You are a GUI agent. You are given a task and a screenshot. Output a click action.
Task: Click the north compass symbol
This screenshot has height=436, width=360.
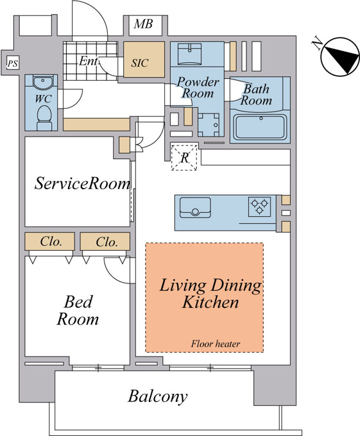point(339,57)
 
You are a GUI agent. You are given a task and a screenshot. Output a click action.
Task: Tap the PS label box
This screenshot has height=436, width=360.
point(13,63)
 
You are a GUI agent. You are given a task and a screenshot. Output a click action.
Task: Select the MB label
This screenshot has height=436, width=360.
point(143,24)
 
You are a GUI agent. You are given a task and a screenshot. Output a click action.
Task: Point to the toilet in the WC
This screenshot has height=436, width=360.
point(44,118)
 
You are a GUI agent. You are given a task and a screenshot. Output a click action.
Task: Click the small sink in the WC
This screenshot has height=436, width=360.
point(42,82)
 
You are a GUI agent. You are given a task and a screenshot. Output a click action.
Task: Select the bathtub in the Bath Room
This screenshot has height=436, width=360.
point(261,128)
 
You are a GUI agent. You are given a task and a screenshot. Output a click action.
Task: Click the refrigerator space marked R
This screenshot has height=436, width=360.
point(184,157)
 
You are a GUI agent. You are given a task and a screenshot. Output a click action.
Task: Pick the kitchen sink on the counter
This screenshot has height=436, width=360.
point(195,208)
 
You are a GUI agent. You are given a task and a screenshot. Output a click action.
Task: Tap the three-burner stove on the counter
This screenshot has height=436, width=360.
point(259,206)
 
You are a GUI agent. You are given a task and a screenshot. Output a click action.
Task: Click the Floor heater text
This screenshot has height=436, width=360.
point(216,344)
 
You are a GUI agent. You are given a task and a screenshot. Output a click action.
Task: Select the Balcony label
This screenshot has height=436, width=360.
point(157,396)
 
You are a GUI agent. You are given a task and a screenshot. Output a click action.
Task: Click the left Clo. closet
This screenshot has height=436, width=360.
point(50,241)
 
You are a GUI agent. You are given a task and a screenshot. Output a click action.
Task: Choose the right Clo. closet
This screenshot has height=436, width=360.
point(105,241)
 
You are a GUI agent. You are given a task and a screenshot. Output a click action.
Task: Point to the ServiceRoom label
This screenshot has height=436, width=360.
point(82,183)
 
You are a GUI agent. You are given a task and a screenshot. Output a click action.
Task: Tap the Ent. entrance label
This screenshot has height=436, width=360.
point(88,61)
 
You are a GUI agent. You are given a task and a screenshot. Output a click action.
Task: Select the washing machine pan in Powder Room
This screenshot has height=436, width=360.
point(209,125)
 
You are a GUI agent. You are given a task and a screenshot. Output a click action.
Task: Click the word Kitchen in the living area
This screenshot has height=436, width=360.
point(210,302)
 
